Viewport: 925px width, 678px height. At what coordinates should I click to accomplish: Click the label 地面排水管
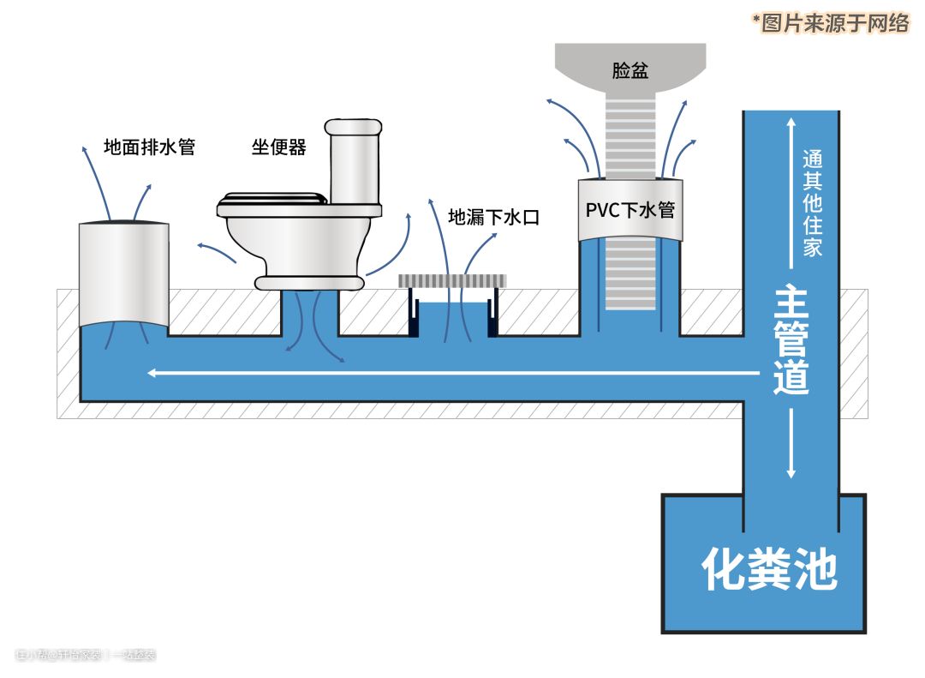pos(150,147)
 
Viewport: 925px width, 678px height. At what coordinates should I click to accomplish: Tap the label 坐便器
pos(279,147)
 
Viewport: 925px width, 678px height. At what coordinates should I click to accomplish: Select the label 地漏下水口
pos(494,217)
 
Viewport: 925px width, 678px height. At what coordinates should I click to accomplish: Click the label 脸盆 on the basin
pos(630,71)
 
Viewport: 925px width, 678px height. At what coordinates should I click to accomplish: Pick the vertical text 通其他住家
pos(812,204)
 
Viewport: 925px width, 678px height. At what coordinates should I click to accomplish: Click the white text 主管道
pos(791,340)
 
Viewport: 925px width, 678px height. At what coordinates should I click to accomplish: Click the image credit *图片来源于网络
pos(830,23)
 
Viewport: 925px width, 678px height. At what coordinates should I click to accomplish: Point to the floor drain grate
pos(452,280)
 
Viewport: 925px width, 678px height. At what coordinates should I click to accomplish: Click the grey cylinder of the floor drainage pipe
pos(123,273)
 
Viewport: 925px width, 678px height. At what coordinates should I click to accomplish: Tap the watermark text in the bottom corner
pos(86,656)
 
